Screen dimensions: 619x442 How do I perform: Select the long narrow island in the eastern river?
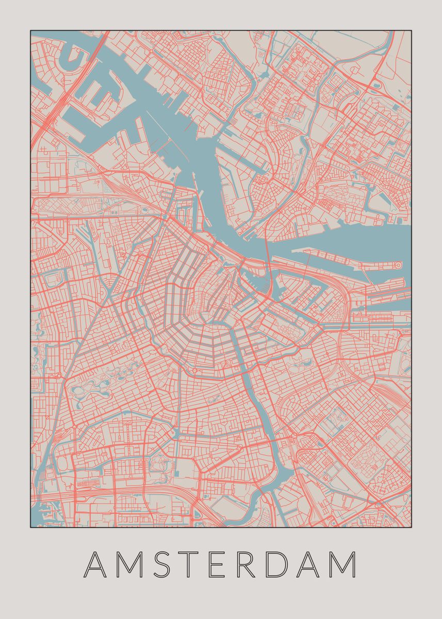point(346,258)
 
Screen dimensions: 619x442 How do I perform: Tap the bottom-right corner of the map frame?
point(411,527)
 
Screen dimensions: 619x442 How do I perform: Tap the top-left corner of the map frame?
point(30,30)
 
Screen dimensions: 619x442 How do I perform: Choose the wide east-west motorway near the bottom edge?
point(129,490)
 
